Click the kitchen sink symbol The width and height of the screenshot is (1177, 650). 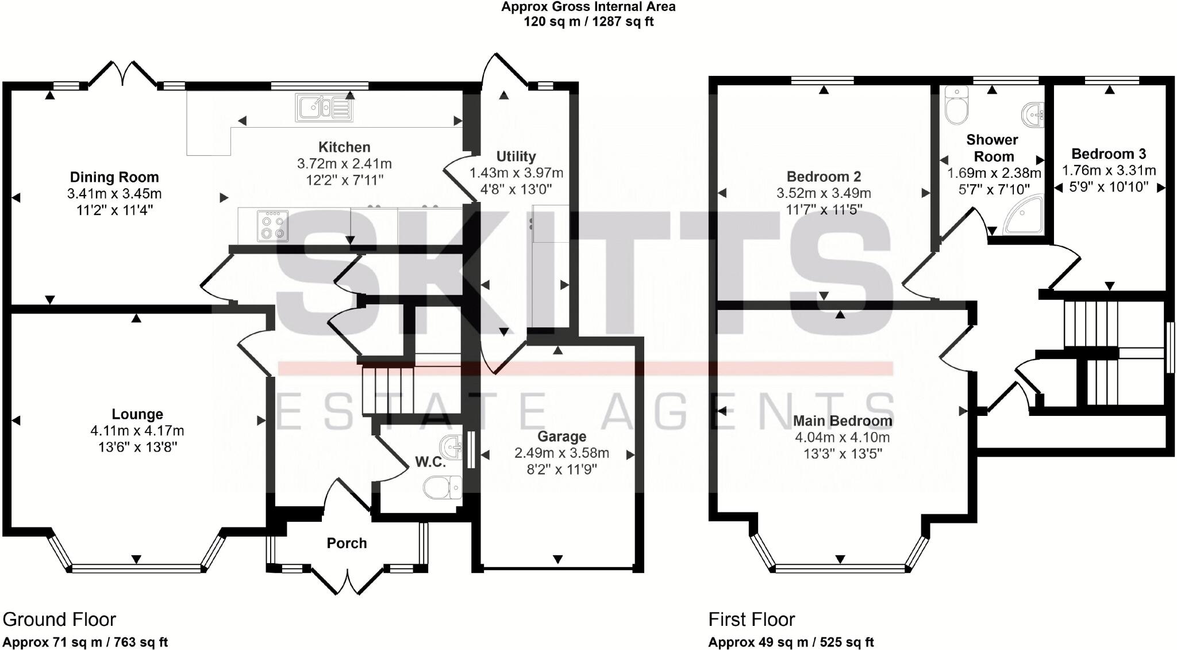[322, 108]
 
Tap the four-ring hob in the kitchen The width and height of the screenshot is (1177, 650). [273, 225]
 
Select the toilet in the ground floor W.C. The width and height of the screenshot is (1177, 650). [442, 488]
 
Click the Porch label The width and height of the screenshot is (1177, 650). [347, 543]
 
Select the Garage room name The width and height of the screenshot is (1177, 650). [561, 437]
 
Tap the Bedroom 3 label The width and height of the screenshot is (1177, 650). [1108, 154]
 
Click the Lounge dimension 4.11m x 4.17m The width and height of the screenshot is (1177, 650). [137, 430]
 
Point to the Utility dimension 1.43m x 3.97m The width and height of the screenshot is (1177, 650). [516, 173]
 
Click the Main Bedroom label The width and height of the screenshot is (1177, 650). [842, 421]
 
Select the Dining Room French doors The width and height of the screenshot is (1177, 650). [123, 75]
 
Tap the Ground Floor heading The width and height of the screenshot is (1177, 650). [59, 620]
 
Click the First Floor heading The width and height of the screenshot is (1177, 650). [751, 620]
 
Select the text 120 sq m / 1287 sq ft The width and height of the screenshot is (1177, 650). [588, 22]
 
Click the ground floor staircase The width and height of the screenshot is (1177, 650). [388, 390]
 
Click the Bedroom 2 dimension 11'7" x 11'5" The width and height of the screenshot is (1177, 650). [824, 209]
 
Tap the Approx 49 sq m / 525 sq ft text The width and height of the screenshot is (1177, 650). [791, 642]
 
